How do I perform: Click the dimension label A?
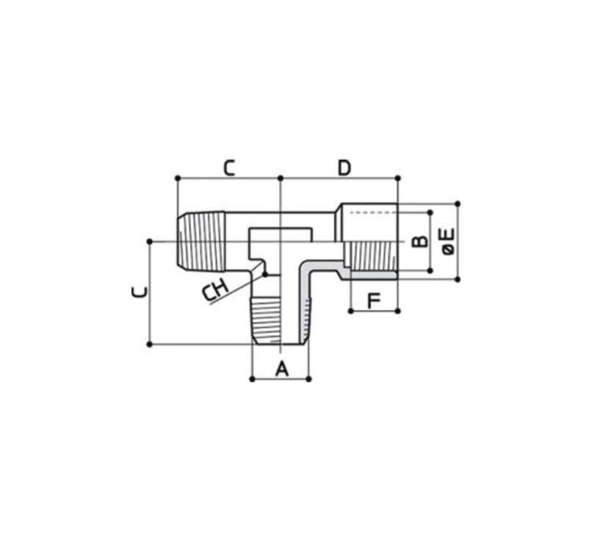tap(281, 369)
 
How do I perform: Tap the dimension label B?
tap(420, 241)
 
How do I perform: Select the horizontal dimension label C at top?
tap(229, 168)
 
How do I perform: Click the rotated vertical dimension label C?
tap(140, 292)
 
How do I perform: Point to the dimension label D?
tap(344, 168)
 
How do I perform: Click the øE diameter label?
tap(448, 241)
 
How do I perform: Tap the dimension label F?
tap(374, 301)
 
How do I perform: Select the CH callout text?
tap(215, 290)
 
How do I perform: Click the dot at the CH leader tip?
tap(265, 274)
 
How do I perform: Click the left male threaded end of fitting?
tap(201, 241)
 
